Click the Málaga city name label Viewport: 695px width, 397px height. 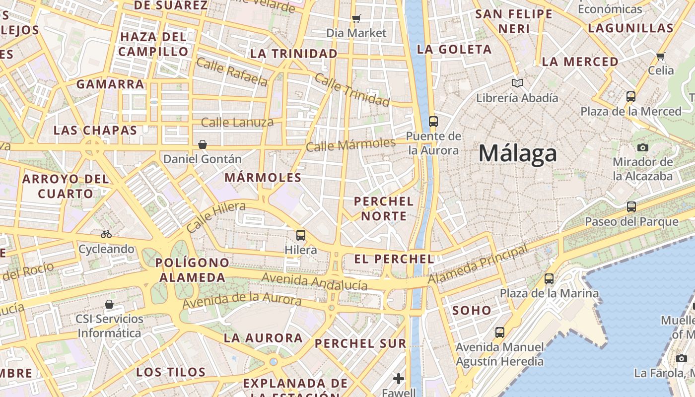517,153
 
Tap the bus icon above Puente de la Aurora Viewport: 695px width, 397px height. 433,121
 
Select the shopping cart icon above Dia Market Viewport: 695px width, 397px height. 356,19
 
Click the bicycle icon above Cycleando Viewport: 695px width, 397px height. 106,234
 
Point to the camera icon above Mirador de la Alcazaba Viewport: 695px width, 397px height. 642,147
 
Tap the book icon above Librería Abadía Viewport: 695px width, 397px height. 517,83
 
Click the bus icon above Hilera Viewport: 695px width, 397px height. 300,235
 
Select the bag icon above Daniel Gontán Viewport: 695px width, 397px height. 203,144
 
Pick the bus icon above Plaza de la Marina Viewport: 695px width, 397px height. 549,279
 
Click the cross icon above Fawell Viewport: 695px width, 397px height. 399,379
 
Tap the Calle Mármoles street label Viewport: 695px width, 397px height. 350,145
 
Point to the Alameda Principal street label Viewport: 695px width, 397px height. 478,265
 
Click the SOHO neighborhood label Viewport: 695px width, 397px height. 472,311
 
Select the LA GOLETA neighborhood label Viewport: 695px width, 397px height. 454,49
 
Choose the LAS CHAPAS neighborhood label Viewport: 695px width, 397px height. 95,131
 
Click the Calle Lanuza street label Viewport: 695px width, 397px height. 237,122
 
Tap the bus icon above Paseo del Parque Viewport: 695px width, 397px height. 631,207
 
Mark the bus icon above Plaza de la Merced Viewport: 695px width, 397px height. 630,97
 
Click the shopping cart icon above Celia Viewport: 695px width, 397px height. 660,56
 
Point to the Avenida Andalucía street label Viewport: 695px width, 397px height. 314,281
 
